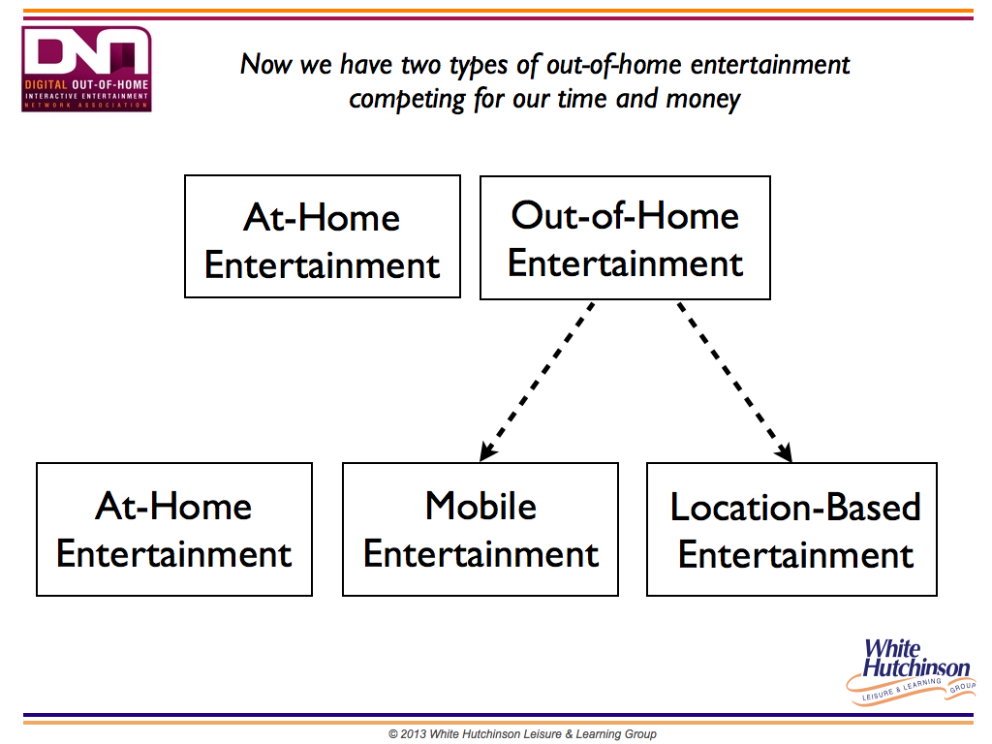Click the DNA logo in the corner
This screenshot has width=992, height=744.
click(86, 69)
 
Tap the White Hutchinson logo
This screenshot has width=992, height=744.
click(911, 671)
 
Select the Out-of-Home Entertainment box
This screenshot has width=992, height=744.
click(625, 238)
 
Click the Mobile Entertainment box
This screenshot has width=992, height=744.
click(480, 530)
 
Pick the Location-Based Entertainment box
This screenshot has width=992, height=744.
click(791, 530)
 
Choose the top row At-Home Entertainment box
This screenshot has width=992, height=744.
click(323, 236)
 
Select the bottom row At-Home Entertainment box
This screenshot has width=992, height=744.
click(174, 530)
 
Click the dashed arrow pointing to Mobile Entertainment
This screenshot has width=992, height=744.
click(537, 382)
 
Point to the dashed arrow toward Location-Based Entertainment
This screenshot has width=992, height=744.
click(735, 382)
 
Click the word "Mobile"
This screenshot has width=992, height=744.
click(480, 506)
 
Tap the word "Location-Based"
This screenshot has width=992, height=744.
click(795, 508)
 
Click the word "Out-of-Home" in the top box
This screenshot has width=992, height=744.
click(625, 216)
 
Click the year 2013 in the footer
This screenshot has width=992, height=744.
click(413, 734)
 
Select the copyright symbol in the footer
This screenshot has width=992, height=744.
click(393, 734)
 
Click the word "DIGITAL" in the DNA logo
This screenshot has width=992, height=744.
click(46, 85)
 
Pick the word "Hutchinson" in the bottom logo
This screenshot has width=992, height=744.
click(916, 667)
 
